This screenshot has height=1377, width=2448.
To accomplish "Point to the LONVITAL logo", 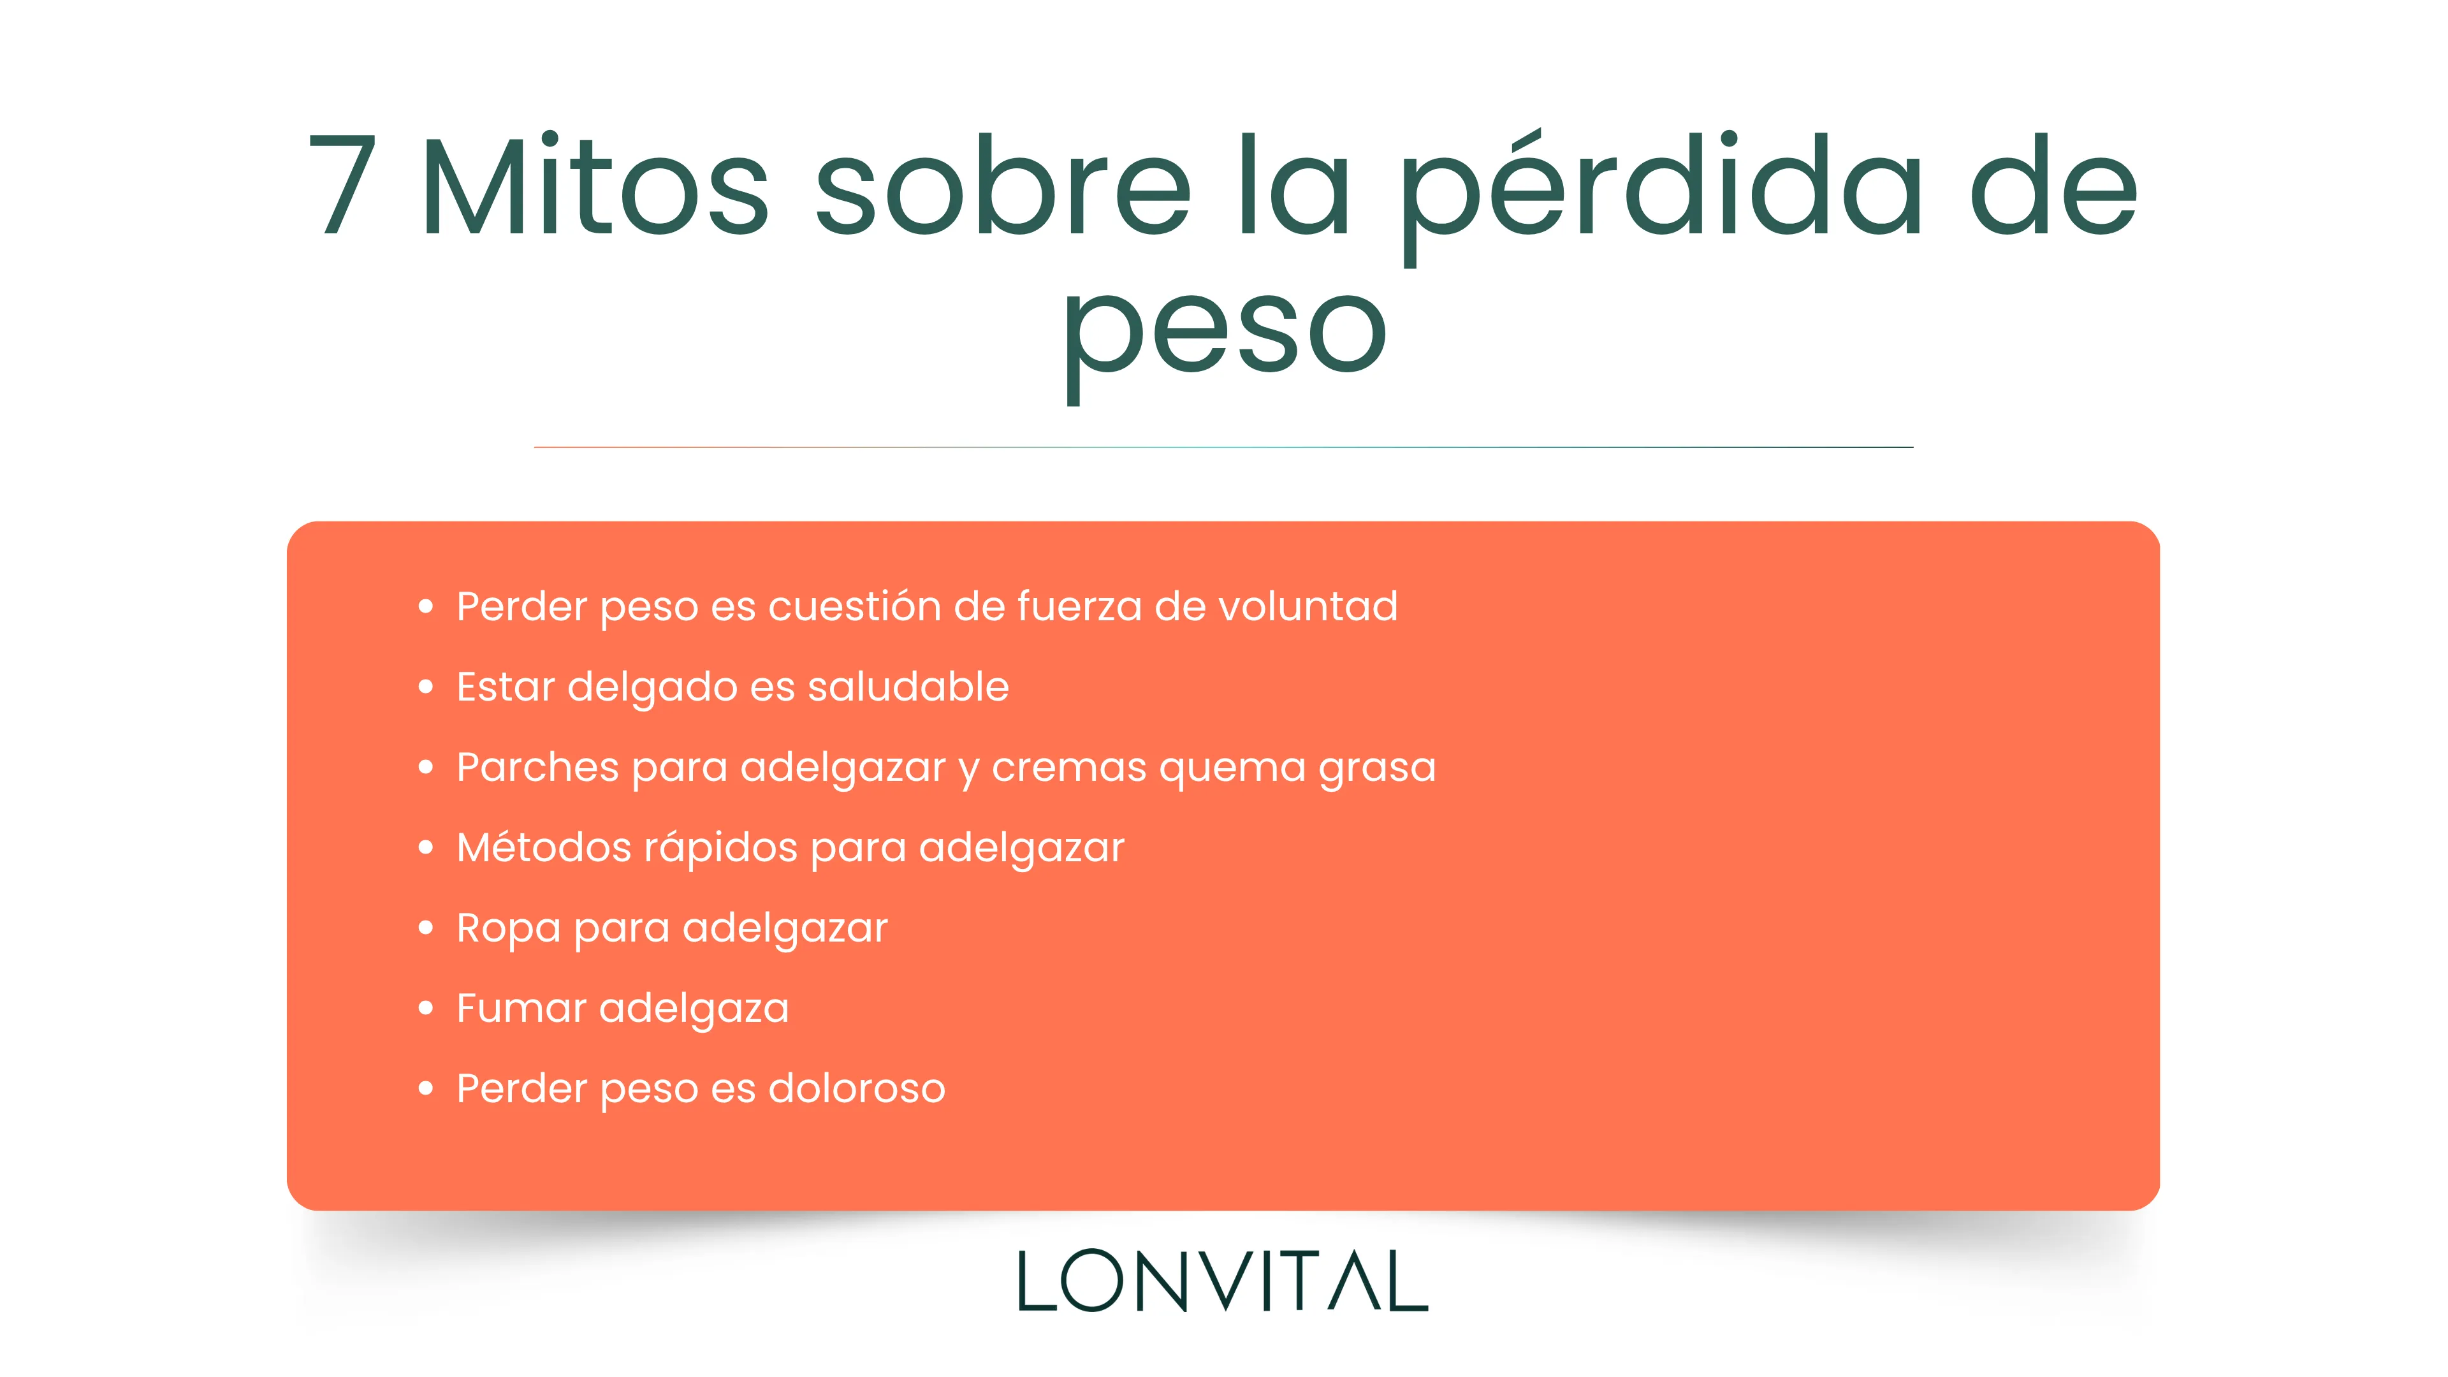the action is point(1223,1281).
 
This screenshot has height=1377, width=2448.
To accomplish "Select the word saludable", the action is point(908,686).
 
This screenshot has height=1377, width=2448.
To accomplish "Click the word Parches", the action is point(538,767).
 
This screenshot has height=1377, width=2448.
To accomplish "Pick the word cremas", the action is point(1069,768).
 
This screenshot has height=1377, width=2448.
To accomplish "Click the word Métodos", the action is point(544,847).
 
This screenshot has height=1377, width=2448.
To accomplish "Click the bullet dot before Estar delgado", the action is point(426,686).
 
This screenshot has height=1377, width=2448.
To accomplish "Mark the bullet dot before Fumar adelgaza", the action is point(426,1007).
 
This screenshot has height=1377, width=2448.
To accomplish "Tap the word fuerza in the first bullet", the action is point(1079,606).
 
